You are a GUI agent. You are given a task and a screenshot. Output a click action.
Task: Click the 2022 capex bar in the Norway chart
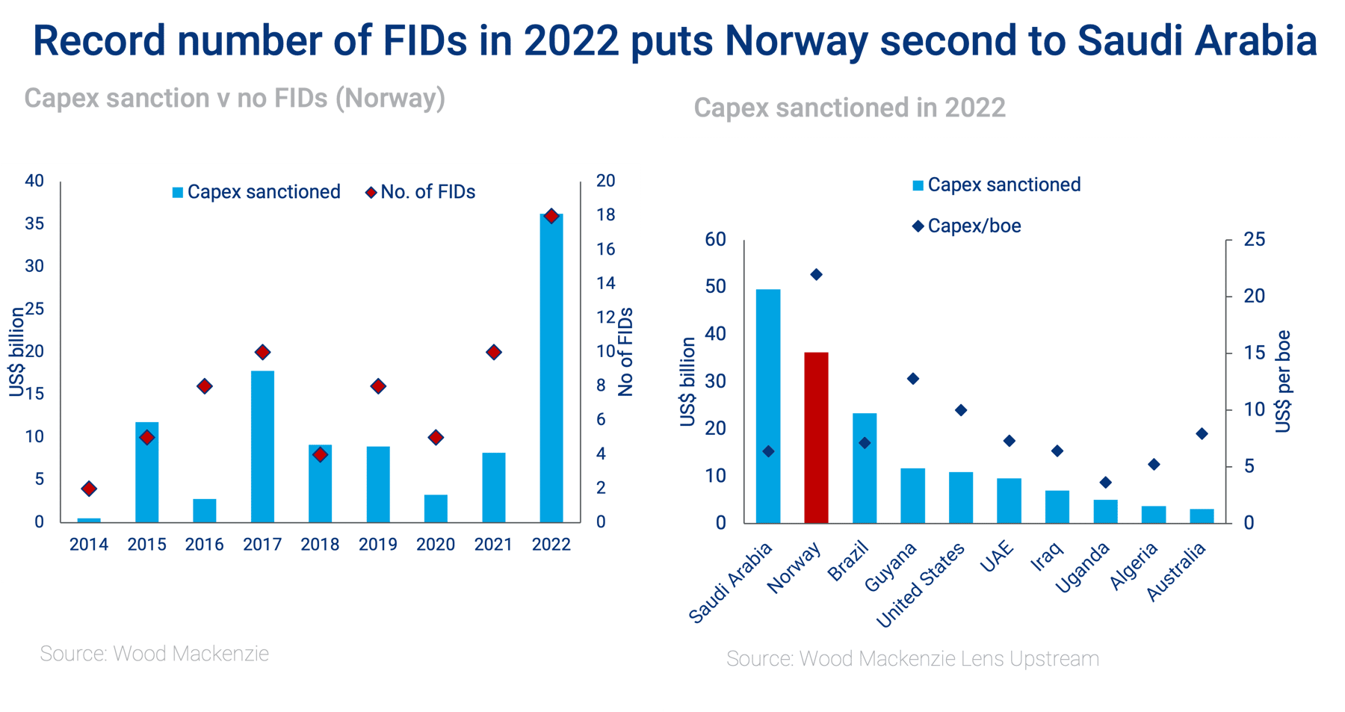pos(551,368)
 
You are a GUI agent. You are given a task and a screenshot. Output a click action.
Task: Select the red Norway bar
pos(816,437)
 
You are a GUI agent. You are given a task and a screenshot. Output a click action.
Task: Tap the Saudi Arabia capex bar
pos(768,406)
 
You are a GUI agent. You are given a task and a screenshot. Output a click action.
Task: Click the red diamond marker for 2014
pos(89,489)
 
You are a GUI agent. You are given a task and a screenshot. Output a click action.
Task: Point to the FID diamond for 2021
pos(493,352)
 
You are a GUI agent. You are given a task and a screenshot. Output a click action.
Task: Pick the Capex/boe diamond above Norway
pos(816,275)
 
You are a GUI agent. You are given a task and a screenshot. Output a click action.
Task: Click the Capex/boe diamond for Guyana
pos(912,379)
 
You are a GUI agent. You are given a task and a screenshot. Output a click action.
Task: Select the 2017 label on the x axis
pos(262,545)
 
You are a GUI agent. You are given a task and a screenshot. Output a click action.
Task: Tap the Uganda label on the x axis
pos(1083,569)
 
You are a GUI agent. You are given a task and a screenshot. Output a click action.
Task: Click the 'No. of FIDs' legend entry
pos(420,192)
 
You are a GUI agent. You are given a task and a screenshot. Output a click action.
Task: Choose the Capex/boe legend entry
pos(966,226)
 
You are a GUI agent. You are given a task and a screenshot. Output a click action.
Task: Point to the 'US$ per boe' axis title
pos(1283,382)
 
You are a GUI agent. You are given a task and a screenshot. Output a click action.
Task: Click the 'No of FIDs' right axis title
pos(625,352)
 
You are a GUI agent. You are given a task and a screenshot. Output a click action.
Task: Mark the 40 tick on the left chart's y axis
pos(34,181)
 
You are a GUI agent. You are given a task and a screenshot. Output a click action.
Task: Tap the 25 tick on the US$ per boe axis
pos(1255,240)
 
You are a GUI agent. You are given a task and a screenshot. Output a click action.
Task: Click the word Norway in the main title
pos(797,41)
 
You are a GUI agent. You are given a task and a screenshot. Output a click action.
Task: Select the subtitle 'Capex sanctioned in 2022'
pos(850,108)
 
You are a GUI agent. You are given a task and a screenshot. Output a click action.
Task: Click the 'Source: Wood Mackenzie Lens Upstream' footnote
pos(912,659)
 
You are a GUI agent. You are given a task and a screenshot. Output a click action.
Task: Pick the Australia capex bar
pos(1202,516)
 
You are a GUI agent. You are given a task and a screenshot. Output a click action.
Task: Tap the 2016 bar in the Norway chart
pos(205,510)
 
